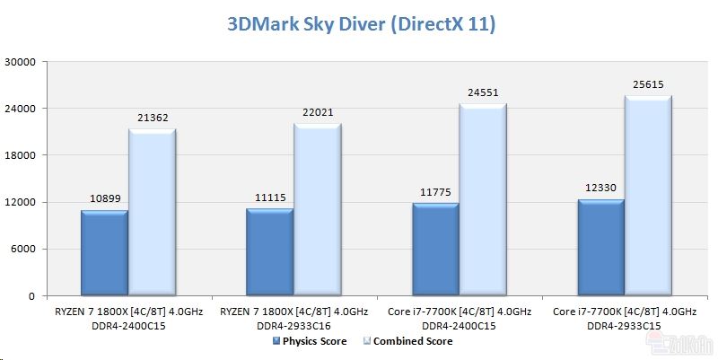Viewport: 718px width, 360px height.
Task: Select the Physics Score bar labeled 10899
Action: click(104, 253)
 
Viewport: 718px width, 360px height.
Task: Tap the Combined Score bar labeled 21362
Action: click(152, 213)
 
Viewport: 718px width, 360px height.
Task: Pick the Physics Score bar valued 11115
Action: click(269, 252)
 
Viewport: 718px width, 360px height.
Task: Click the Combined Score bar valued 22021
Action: click(317, 210)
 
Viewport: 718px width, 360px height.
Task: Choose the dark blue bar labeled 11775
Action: click(435, 250)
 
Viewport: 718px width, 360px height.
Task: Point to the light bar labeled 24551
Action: click(483, 200)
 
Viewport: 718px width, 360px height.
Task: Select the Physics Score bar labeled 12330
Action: click(600, 248)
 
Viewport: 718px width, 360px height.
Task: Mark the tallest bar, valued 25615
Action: click(648, 196)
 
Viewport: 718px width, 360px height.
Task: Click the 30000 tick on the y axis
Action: click(21, 62)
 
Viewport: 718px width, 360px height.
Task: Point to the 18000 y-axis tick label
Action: click(21, 155)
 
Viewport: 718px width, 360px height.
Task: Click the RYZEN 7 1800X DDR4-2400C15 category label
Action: click(127, 318)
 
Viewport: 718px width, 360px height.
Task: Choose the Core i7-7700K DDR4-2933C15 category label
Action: click(625, 318)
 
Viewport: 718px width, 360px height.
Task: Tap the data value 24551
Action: click(483, 92)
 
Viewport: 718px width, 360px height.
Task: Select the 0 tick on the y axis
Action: click(31, 295)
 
